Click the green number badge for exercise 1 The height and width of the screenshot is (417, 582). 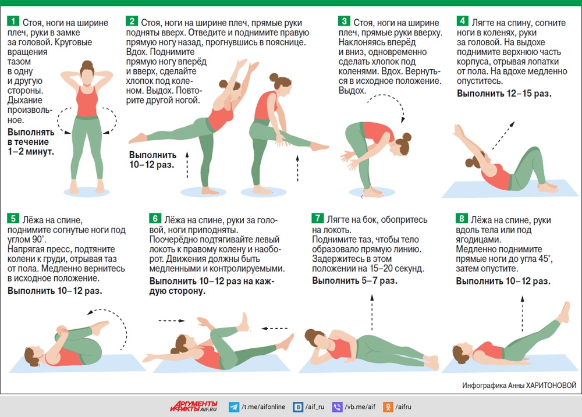13,21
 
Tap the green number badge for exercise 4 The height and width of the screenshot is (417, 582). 462,21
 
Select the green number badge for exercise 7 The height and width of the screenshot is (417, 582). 317,218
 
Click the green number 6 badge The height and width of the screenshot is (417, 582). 155,218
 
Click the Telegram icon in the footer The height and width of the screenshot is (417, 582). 234,407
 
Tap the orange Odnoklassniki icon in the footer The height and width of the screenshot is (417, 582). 388,407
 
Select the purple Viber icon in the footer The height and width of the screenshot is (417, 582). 337,407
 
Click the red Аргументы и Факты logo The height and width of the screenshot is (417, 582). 194,407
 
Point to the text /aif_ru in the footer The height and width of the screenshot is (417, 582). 315,407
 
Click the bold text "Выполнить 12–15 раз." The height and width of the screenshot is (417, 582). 504,94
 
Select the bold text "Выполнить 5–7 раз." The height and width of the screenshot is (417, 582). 355,281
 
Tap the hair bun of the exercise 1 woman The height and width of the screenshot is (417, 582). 88,64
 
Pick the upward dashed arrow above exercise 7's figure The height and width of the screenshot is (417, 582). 372,312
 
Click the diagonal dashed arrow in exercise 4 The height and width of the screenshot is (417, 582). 503,136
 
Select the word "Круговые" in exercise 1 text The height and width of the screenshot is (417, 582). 73,42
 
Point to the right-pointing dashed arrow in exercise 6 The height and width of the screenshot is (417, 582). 172,320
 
